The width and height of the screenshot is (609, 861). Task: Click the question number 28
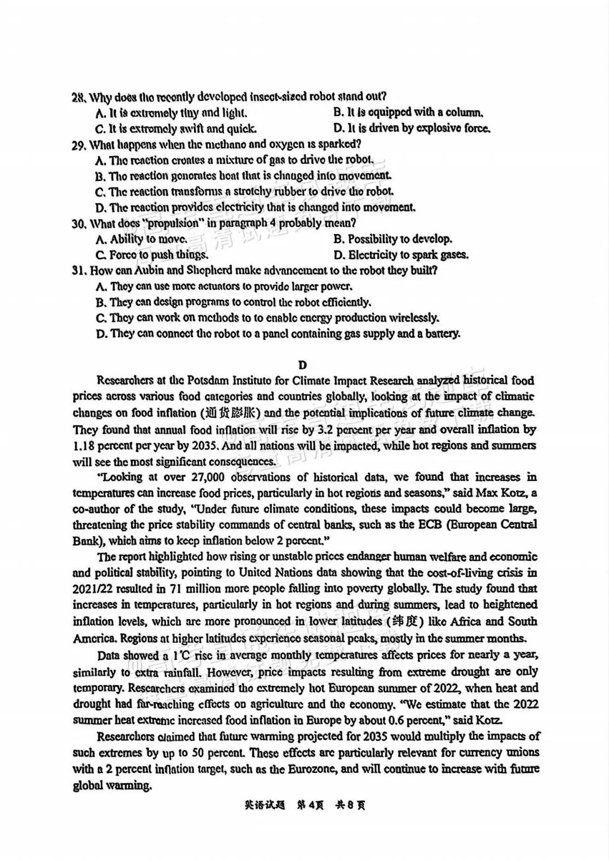click(x=78, y=97)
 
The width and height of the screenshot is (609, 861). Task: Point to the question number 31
click(x=78, y=271)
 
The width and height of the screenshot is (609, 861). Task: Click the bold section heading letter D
click(x=303, y=365)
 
